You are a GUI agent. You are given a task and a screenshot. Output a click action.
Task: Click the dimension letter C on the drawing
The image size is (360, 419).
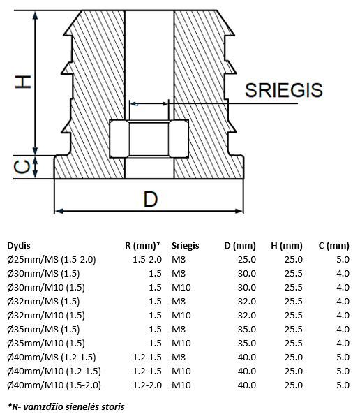tap(22, 166)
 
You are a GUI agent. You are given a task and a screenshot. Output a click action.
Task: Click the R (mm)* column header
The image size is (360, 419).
tap(143, 245)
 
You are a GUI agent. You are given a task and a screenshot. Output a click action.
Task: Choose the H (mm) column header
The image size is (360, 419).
tap(286, 245)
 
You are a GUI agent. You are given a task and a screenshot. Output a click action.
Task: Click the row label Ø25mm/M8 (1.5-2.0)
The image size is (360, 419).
tap(52, 259)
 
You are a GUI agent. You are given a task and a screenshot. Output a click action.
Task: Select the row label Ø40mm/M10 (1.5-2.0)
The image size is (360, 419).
tap(54, 385)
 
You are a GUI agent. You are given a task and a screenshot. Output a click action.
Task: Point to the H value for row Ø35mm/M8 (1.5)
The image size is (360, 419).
tap(293, 329)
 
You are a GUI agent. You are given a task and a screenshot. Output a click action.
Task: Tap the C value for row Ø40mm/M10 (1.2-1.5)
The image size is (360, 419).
tap(342, 371)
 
